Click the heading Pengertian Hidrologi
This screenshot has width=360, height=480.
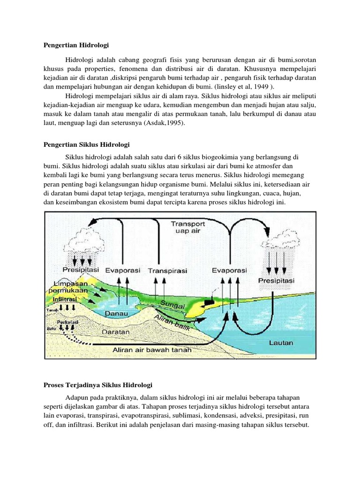click(76, 45)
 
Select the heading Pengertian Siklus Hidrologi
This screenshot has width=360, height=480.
click(87, 144)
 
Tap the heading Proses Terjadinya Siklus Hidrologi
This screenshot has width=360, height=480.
click(98, 385)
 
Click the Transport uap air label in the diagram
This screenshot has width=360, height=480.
click(188, 227)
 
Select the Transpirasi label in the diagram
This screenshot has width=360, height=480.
click(167, 271)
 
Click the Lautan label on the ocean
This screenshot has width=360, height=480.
click(281, 343)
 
